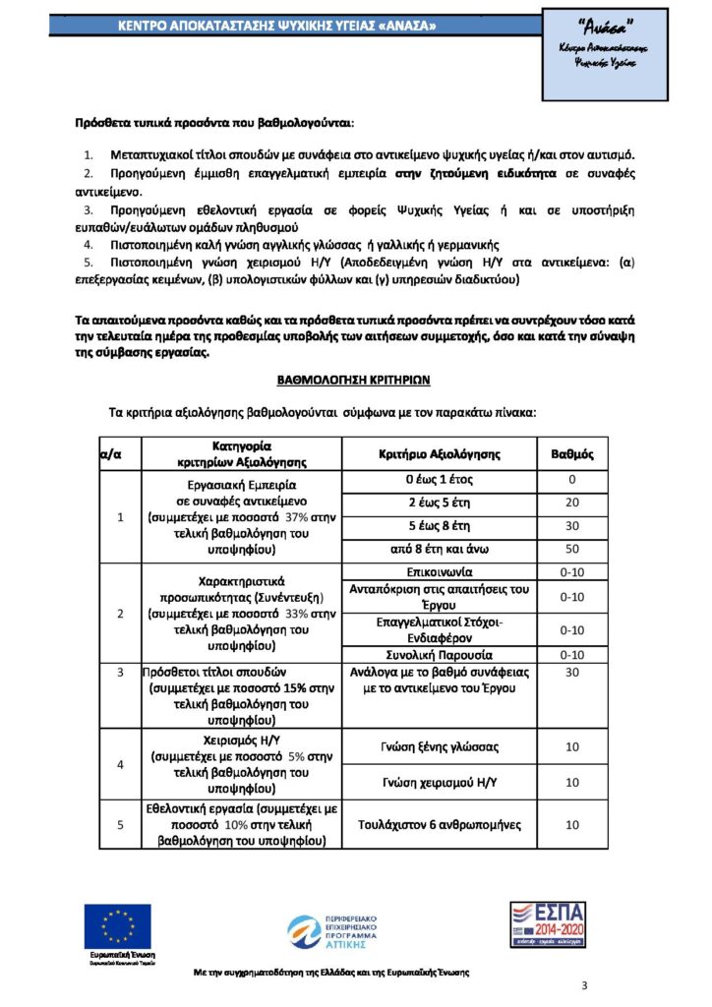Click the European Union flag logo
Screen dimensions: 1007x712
click(x=118, y=926)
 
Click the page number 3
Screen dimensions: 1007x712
click(x=584, y=985)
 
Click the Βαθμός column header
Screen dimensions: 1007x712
click(x=571, y=454)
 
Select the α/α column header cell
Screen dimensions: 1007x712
click(x=111, y=454)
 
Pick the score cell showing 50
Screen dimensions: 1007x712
click(x=571, y=548)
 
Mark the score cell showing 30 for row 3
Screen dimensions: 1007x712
click(x=571, y=673)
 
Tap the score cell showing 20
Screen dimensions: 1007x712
click(x=571, y=502)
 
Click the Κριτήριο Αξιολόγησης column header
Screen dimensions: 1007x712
click(x=440, y=454)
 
